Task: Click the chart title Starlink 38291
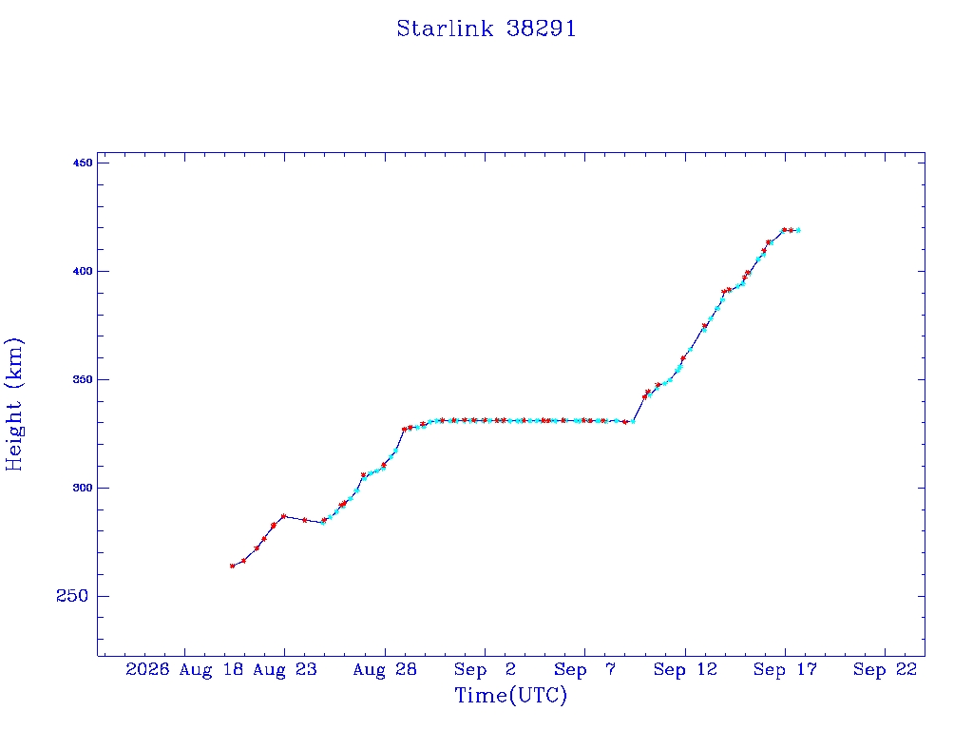coord(486,29)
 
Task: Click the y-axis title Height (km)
coord(13,404)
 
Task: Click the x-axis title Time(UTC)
coord(510,695)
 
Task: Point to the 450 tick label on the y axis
coord(83,163)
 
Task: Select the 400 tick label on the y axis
coord(83,271)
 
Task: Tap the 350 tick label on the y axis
coord(83,379)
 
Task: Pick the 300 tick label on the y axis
coord(83,488)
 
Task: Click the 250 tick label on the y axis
coord(72,596)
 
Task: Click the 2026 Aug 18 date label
coord(184,669)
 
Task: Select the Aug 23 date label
coord(285,669)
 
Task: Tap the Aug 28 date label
coord(385,669)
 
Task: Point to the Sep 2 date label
coord(485,669)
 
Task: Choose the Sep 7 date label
coord(584,669)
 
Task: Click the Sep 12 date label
coord(685,669)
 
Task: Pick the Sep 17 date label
coord(785,669)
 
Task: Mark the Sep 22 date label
coord(885,669)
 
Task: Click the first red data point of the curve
coord(232,567)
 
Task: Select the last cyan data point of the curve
coord(798,230)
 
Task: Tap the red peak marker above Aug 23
coord(283,516)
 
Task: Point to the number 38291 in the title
coord(541,29)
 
